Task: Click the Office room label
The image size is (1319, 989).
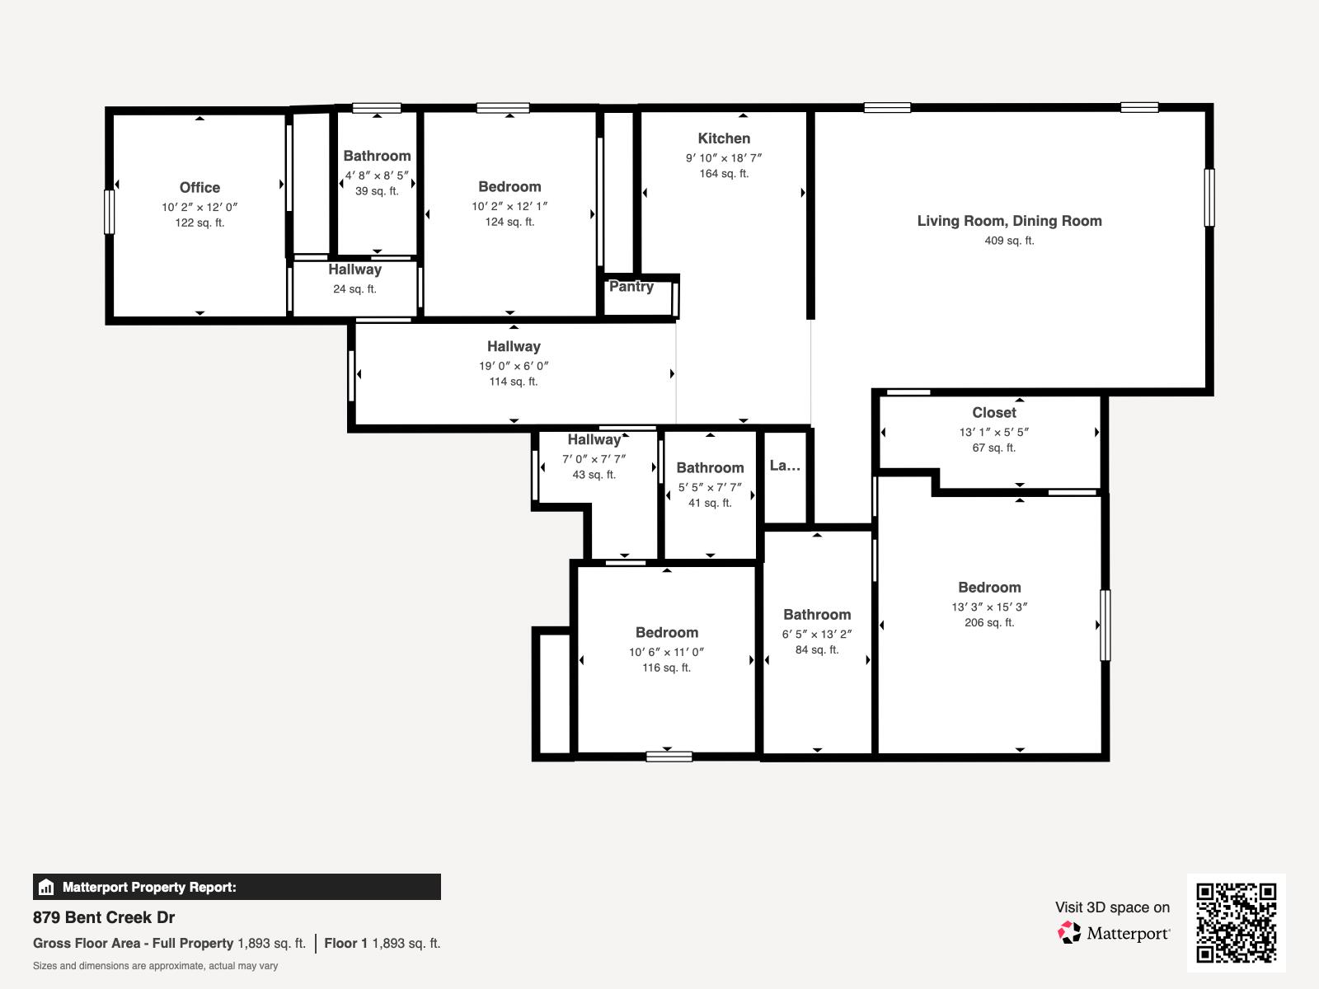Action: (199, 187)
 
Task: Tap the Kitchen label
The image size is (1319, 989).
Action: (724, 138)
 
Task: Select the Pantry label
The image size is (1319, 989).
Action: (631, 287)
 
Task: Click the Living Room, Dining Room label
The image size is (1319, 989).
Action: (1009, 221)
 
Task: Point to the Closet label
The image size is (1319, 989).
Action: (993, 413)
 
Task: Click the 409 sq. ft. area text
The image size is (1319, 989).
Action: (1009, 241)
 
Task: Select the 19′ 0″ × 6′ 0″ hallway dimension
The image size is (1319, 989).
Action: (514, 366)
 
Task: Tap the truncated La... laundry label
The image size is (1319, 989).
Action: (785, 466)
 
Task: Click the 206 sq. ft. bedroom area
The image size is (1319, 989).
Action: (989, 623)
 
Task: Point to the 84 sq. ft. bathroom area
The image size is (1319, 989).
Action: (817, 650)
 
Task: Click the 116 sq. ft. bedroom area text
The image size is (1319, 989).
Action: (666, 668)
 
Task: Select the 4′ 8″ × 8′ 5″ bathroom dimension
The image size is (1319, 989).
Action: (377, 175)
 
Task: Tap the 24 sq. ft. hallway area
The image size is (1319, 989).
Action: (354, 289)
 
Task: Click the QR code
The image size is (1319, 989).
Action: (1236, 922)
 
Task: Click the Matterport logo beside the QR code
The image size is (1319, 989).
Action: (1114, 933)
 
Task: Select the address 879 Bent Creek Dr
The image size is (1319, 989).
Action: (104, 917)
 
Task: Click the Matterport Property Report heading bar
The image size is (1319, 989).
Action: (237, 887)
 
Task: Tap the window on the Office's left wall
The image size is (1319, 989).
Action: (109, 212)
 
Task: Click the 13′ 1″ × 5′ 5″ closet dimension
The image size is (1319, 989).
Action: (993, 432)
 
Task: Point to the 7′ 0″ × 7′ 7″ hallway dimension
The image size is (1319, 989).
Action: (594, 459)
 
